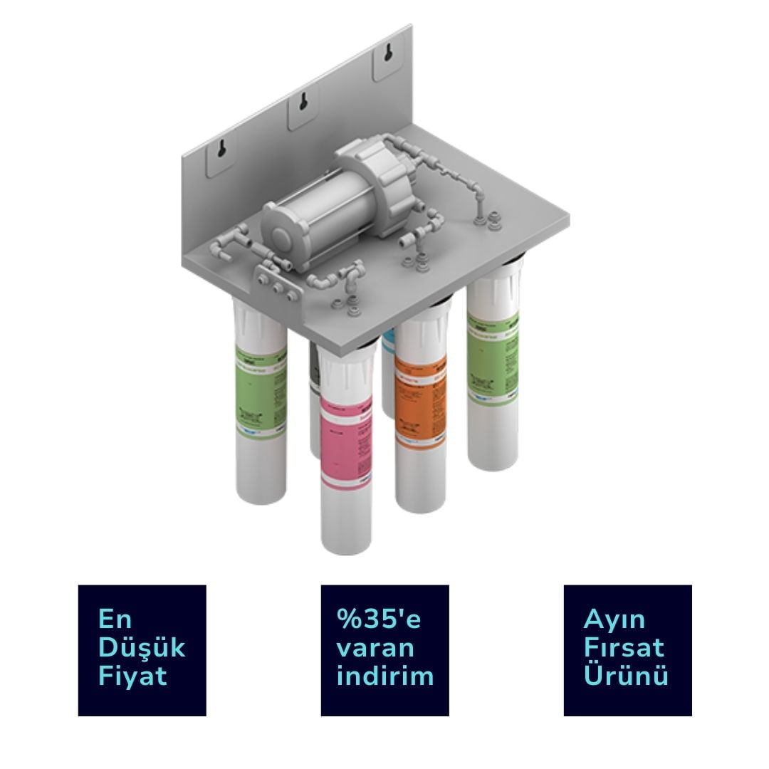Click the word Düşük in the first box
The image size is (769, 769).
tap(141, 647)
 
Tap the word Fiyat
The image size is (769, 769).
tap(132, 676)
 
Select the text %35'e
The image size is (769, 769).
tap(379, 619)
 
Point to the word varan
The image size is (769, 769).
tap(375, 648)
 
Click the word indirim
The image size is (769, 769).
tap(384, 676)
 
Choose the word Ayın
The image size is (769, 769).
tap(614, 619)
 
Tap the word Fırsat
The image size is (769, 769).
tap(624, 647)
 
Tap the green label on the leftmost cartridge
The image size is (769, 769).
tap(260, 388)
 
